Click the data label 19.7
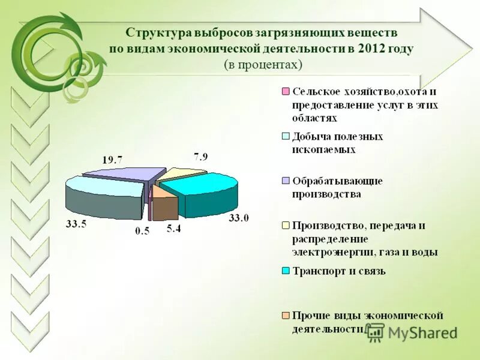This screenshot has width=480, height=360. click(x=112, y=160)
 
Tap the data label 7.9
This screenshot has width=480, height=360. click(x=201, y=158)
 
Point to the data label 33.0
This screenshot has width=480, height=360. click(x=238, y=218)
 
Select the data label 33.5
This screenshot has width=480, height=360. click(x=75, y=225)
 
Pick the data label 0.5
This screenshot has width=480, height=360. click(x=142, y=232)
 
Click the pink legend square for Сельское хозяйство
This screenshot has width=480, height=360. click(x=286, y=92)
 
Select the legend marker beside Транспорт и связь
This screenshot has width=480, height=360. click(x=286, y=271)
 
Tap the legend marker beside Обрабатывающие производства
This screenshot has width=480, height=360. click(x=286, y=181)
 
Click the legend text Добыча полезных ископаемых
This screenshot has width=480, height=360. click(x=337, y=143)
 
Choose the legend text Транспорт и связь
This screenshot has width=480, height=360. click(x=339, y=271)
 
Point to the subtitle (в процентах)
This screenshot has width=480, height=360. click(x=263, y=64)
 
